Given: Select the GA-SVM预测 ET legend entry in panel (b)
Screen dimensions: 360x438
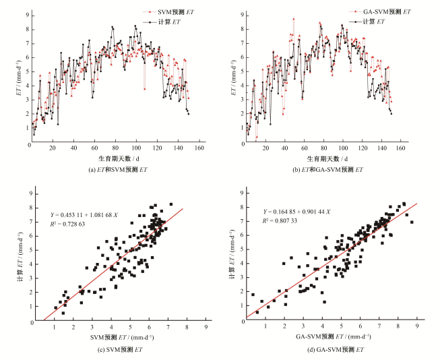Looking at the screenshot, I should pyautogui.click(x=385, y=11).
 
